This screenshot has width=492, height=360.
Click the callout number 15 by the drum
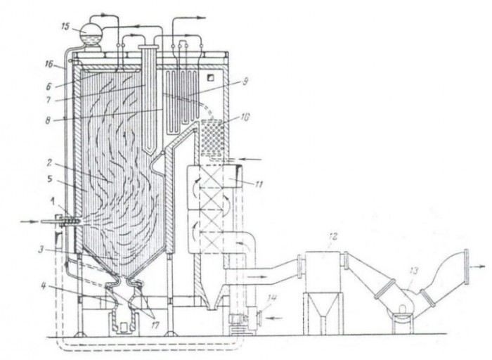(x=65, y=26)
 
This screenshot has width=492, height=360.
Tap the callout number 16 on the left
(x=51, y=65)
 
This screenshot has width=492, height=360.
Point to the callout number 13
(x=414, y=271)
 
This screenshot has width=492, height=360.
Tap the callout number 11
(x=258, y=184)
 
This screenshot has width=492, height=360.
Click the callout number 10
(x=245, y=117)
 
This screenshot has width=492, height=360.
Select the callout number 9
(x=245, y=82)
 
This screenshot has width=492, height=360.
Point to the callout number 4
(x=44, y=287)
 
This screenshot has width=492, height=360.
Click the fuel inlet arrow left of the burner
(x=29, y=221)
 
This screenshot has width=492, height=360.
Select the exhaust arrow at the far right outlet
(x=478, y=266)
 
